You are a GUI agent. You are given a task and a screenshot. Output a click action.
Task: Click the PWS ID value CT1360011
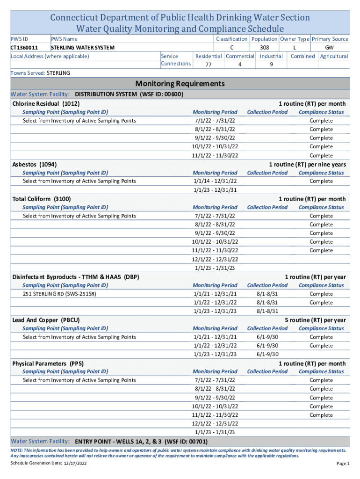24,48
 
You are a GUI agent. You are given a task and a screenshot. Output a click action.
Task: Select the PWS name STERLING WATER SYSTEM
82,48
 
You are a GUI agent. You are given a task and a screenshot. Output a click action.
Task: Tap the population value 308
264,48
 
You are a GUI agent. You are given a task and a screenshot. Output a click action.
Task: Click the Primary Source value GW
330,48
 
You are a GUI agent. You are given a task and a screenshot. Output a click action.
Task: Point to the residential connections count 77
208,65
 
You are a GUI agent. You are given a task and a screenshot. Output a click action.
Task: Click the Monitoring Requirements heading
180,84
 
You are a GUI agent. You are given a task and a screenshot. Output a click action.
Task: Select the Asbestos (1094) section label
35,164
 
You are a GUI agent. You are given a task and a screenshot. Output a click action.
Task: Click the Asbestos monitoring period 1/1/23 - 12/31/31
215,190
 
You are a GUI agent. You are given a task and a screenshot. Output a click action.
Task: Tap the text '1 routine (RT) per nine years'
307,164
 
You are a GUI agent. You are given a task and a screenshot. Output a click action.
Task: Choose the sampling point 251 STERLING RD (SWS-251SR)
60,294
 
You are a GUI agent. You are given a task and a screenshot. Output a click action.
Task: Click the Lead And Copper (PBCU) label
46,320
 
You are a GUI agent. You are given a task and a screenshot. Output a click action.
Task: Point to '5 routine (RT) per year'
316,320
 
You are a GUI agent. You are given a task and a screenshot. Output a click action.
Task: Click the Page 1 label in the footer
342,464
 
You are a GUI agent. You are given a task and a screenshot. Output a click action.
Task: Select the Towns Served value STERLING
58,73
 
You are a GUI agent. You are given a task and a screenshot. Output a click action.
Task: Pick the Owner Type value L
294,48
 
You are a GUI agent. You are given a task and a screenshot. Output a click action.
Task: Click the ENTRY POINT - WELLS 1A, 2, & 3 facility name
141,442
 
